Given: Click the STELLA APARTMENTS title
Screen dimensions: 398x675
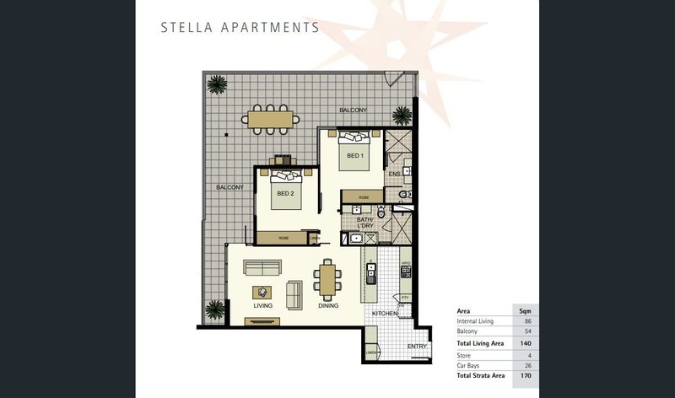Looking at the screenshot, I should [x=239, y=27].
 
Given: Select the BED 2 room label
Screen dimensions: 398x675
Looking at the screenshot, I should [x=285, y=193].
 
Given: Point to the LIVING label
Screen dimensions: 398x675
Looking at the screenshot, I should [x=262, y=305].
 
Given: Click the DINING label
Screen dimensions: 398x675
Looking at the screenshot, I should [x=328, y=305].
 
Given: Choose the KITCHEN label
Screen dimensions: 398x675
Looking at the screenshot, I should [x=384, y=313].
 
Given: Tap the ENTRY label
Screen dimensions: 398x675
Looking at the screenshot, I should [x=418, y=346].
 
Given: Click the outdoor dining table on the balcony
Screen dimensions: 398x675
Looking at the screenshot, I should [x=270, y=119].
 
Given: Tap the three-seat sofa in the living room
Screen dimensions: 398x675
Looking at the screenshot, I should [x=263, y=268].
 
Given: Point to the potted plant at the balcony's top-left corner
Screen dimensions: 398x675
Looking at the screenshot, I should [x=218, y=83].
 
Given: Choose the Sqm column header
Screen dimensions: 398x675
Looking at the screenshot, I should [x=523, y=311].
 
